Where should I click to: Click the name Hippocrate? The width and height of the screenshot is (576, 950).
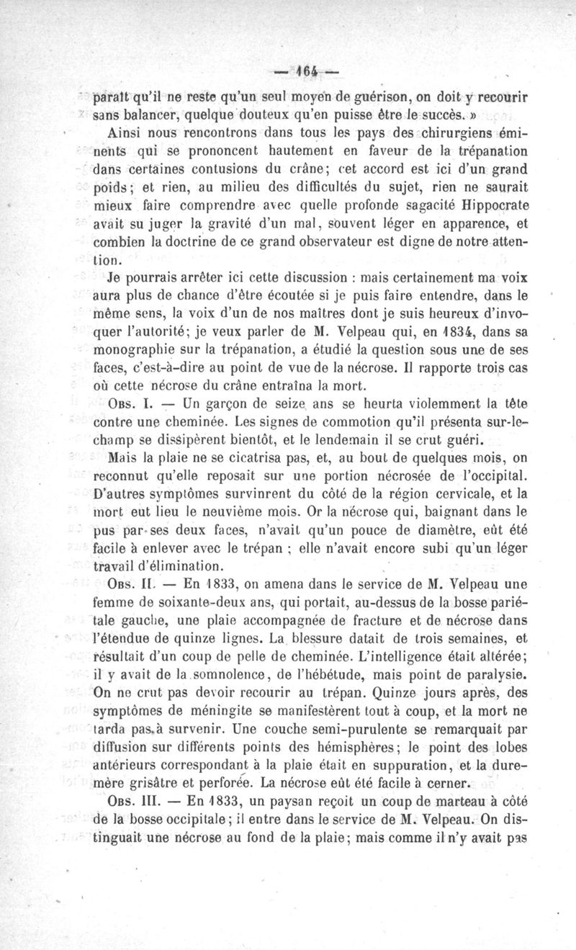tap(490, 205)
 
